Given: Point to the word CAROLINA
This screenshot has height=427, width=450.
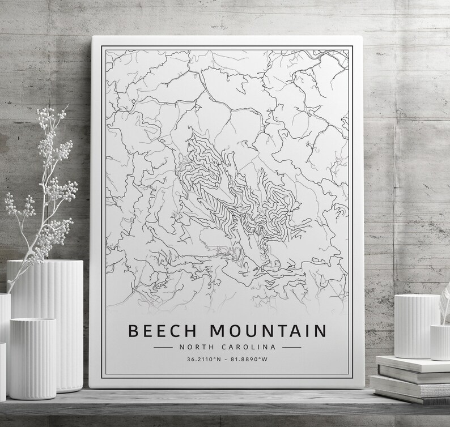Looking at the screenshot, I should point(249,347).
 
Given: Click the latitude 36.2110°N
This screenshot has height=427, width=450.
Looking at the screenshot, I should point(202,359).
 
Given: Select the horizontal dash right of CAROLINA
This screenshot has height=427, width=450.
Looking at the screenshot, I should point(291,347).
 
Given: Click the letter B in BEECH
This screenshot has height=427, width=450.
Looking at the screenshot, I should point(135,331).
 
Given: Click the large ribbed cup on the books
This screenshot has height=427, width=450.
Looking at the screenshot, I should point(417,326).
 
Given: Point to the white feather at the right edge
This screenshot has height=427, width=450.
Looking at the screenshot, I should point(445,300).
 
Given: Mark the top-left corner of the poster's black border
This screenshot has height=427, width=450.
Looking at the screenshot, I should point(102,47).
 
